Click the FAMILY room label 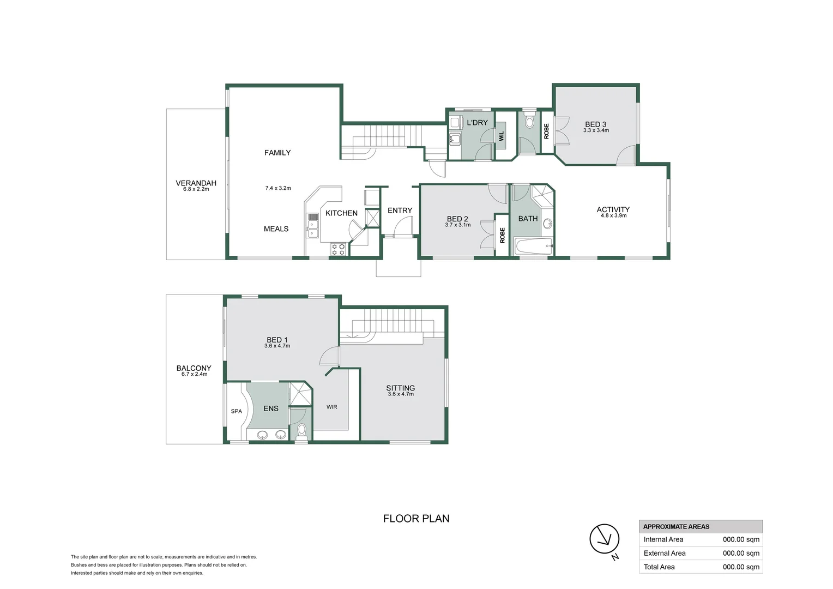tap(277, 153)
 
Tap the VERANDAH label tap(196, 183)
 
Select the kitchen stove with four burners tap(338, 249)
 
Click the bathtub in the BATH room tap(534, 247)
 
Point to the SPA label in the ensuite tap(236, 411)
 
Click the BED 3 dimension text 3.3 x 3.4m tap(596, 131)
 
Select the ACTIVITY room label tap(613, 209)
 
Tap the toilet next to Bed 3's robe tap(529, 122)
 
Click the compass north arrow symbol tap(604, 539)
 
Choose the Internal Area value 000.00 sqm tap(741, 539)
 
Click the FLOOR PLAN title tap(416, 519)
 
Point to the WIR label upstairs tap(331, 407)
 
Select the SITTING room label tap(400, 388)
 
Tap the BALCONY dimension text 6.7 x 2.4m tap(194, 374)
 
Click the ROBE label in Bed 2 tap(502, 235)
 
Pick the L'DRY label tap(477, 123)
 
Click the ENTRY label tap(400, 211)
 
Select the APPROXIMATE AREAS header tap(676, 527)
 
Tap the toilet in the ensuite tap(301, 431)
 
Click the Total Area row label tap(659, 567)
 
